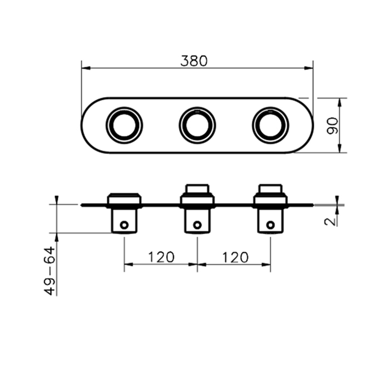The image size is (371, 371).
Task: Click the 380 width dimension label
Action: point(194,61)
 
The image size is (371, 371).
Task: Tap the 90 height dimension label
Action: point(332,126)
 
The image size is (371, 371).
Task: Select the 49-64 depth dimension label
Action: point(49,271)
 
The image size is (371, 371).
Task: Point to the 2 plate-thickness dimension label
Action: point(330,222)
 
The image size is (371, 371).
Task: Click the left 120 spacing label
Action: point(161,257)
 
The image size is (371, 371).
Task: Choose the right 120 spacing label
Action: point(235,257)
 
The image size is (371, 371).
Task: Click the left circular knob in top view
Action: point(124,125)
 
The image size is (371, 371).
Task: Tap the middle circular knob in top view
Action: point(197,125)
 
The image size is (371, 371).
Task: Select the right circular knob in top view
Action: point(270,125)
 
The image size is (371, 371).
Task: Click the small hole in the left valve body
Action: point(124,225)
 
